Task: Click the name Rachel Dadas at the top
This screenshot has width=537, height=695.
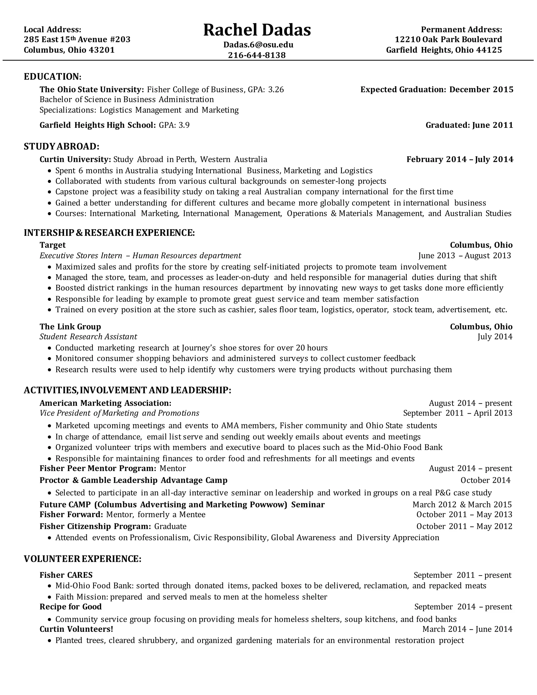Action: pyautogui.click(x=257, y=30)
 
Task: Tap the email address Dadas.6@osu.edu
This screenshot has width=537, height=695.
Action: pyautogui.click(x=258, y=45)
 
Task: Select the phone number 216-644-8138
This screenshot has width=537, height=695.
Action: pyautogui.click(x=257, y=55)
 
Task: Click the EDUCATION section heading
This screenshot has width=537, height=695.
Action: pyautogui.click(x=52, y=77)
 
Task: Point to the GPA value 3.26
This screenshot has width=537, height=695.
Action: pyautogui.click(x=276, y=90)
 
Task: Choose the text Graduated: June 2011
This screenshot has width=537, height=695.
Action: pyautogui.click(x=469, y=125)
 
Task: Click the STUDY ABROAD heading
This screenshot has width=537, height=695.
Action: pyautogui.click(x=61, y=147)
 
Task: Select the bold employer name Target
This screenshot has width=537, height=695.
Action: pyautogui.click(x=52, y=245)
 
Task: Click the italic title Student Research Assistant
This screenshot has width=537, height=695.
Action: pyautogui.click(x=88, y=337)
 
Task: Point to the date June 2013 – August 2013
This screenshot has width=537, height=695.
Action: pyautogui.click(x=464, y=255)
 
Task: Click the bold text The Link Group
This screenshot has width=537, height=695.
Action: pyautogui.click(x=70, y=327)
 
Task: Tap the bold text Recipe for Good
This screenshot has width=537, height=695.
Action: pyautogui.click(x=70, y=607)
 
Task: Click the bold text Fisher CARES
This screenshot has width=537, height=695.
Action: pyautogui.click(x=66, y=575)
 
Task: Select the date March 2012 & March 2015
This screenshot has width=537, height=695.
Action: pyautogui.click(x=462, y=505)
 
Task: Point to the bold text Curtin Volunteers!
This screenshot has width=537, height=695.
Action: pyautogui.click(x=76, y=629)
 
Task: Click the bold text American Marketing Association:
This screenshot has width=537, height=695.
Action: pyautogui.click(x=105, y=403)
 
